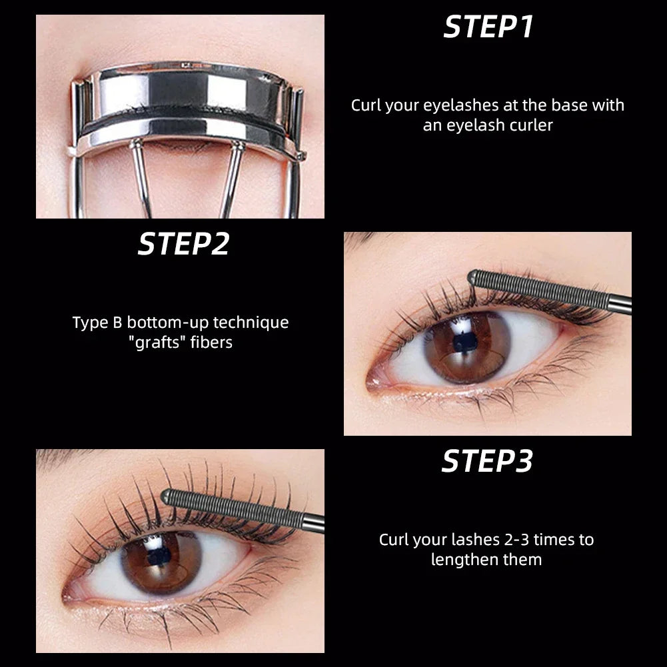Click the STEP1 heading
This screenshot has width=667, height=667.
[x=488, y=27]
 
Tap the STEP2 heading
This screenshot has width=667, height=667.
[x=183, y=245]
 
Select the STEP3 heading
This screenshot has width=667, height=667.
[x=488, y=461]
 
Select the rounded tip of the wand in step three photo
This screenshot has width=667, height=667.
[x=167, y=496]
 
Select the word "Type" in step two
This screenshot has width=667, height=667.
[x=89, y=323]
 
